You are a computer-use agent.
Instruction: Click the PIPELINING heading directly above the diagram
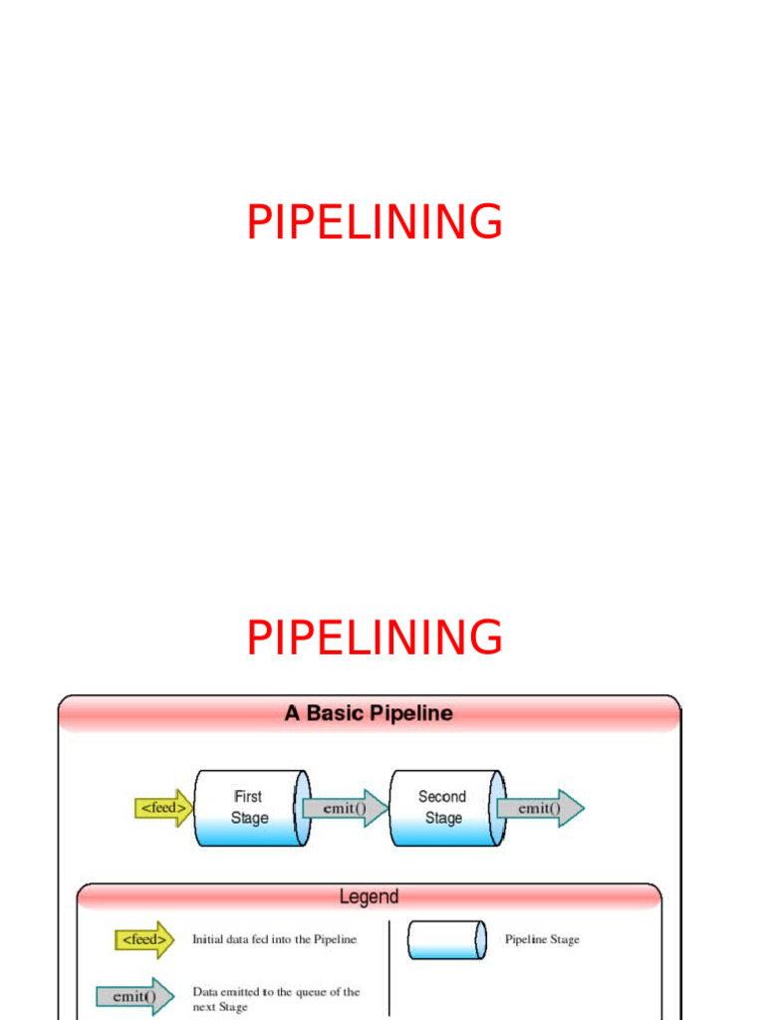[375, 637]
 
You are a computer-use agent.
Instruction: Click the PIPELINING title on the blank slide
[375, 222]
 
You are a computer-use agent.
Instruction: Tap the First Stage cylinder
[249, 808]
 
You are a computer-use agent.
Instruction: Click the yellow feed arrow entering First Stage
[162, 808]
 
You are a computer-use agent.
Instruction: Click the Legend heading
[369, 896]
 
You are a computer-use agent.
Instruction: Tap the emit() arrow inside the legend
[134, 996]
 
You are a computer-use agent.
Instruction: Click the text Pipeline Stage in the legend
[542, 939]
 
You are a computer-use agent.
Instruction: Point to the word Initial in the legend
[209, 939]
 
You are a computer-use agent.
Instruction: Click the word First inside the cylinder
[248, 797]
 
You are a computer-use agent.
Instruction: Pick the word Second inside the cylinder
[442, 797]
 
